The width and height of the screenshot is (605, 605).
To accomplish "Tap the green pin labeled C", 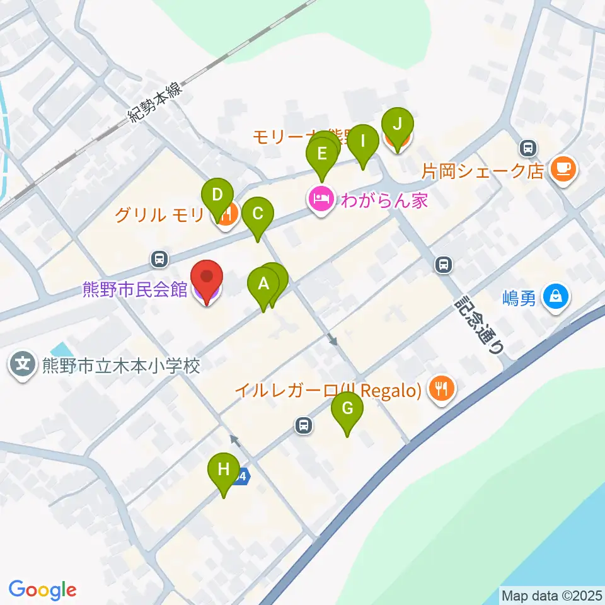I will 257,214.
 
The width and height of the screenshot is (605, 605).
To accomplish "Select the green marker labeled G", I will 347,409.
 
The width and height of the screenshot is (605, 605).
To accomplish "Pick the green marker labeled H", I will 224,470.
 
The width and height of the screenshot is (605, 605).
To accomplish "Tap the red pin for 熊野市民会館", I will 207,278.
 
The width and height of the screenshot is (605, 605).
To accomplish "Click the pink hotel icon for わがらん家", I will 320,201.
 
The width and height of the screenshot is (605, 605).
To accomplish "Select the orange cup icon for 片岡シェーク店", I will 562,170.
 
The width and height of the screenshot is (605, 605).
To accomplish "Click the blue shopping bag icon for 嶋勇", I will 556,296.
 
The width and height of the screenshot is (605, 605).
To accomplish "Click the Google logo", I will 42,590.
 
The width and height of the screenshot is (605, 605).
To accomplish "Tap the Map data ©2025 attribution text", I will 552,596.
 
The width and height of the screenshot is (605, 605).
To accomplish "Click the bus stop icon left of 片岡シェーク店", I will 527,149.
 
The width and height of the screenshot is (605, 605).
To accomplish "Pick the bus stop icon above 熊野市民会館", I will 160,258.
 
